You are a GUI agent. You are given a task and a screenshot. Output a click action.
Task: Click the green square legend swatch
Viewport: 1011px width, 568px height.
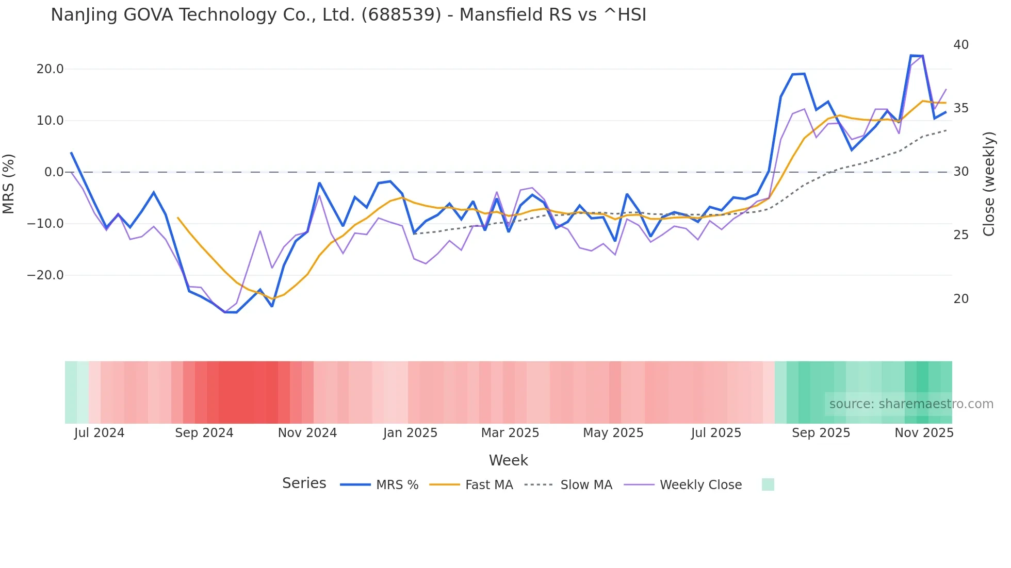coord(768,485)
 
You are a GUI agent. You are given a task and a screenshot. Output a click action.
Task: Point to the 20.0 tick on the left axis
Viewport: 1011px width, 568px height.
coord(50,69)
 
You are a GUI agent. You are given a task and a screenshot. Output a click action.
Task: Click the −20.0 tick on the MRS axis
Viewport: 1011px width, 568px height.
coord(45,275)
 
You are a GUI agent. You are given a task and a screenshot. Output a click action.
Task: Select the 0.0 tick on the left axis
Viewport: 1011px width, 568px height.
coord(54,172)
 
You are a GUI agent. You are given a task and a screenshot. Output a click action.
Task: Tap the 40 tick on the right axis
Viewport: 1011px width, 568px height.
coord(961,45)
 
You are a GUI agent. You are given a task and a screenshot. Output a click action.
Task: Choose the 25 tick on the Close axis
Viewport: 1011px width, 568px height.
coord(961,235)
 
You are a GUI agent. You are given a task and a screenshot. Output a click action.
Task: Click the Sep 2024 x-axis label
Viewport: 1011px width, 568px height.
coord(204,433)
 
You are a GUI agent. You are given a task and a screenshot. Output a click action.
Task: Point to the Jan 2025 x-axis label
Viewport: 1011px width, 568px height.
coord(410,433)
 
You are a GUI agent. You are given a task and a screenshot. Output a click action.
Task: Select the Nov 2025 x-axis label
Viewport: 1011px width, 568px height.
coord(924,433)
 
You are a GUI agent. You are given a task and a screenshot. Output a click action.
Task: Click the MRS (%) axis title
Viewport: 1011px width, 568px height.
coord(9,183)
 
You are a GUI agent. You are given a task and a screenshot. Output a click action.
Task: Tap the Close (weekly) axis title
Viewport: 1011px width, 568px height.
coord(989,184)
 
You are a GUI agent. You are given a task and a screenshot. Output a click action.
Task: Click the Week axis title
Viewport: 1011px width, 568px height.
coord(508,460)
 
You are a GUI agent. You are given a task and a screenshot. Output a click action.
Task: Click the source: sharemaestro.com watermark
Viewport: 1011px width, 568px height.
coord(911,404)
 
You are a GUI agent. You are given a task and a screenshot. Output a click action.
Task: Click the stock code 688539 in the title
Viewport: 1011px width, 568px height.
coord(401,15)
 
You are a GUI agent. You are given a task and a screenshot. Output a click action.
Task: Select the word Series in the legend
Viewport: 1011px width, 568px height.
coord(304,483)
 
